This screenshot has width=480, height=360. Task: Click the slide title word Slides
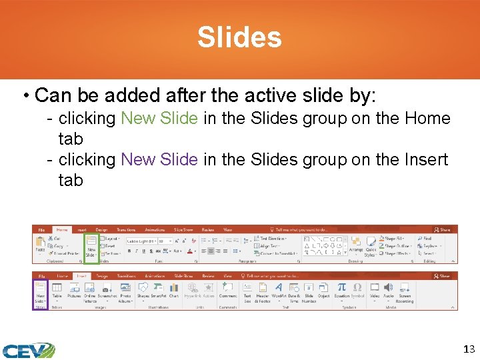tap(239, 37)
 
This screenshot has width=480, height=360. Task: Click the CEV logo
tap(27, 350)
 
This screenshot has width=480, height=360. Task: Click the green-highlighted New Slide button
tap(91, 245)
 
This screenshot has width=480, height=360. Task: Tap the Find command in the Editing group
tap(426, 238)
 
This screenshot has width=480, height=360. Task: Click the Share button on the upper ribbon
tap(442, 229)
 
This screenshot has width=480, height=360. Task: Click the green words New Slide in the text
tap(159, 119)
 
